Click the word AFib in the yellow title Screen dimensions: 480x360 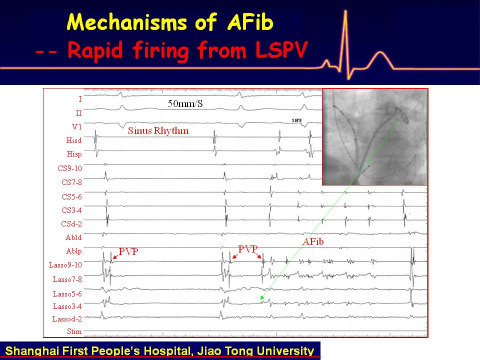click(250, 22)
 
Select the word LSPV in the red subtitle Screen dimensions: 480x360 click(281, 50)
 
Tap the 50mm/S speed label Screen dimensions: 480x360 click(185, 103)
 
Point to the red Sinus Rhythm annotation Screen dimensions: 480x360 click(158, 130)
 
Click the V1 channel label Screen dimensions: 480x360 click(77, 126)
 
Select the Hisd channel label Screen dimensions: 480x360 click(74, 140)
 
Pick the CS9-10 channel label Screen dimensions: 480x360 click(70, 168)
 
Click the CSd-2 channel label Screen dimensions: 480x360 click(71, 224)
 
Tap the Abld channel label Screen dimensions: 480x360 click(74, 237)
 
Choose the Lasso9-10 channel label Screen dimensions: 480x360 click(65, 265)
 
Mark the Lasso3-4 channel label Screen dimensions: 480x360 click(67, 306)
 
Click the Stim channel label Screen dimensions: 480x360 click(74, 331)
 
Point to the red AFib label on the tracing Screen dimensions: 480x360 click(313, 242)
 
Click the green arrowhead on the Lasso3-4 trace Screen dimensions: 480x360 click(262, 297)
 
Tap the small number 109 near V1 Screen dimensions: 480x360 click(296, 120)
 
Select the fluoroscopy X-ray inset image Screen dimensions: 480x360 click(374, 137)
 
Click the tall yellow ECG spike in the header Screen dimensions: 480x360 click(345, 43)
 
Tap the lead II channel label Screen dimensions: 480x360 click(78, 113)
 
